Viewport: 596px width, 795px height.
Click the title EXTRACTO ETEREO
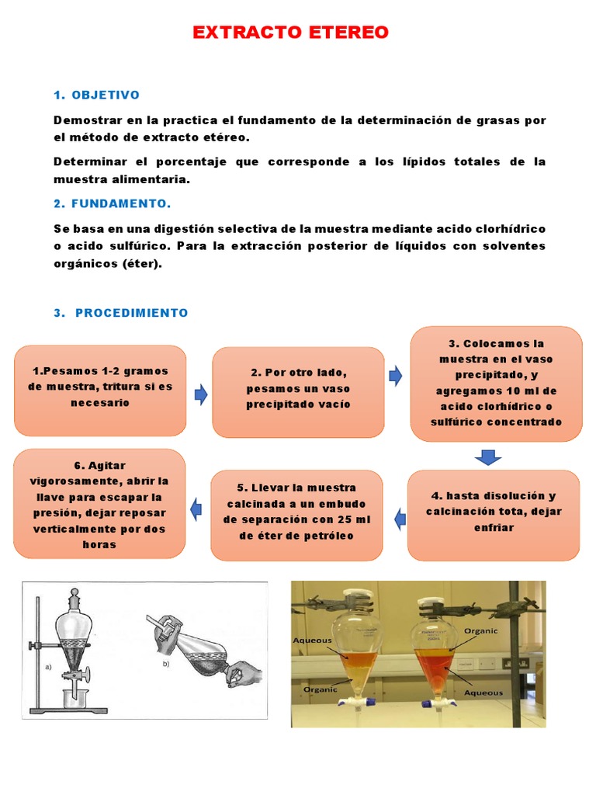tap(290, 33)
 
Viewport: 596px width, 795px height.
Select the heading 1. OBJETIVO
tap(96, 95)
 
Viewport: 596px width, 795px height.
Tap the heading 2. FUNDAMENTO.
tap(112, 203)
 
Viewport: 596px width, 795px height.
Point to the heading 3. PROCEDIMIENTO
tap(121, 313)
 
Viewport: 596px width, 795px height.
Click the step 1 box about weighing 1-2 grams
tap(100, 390)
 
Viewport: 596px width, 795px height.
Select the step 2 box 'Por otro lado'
tap(298, 391)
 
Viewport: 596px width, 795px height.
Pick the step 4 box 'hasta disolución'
tap(494, 515)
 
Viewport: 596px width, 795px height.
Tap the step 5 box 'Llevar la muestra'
tap(296, 515)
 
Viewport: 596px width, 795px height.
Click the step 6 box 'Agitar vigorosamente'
tap(100, 504)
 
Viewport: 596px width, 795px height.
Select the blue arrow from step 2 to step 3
tap(396, 377)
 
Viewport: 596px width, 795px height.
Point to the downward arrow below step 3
tap(487, 457)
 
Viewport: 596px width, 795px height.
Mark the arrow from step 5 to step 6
tap(196, 510)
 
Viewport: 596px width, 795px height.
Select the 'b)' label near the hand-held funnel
tap(165, 664)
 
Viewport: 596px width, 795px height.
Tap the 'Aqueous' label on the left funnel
tap(312, 641)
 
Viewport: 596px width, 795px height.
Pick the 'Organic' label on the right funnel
tap(480, 631)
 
